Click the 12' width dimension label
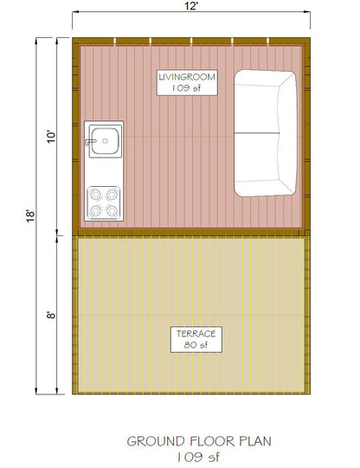click(190, 6)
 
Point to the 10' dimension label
click(51, 135)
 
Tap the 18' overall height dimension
click(29, 214)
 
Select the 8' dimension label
click(51, 317)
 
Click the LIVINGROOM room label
click(187, 77)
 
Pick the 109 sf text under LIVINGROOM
click(187, 88)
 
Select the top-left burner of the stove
click(95, 195)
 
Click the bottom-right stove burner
click(112, 210)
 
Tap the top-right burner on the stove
click(112, 195)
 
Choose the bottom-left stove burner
click(95, 210)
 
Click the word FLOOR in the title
click(204, 441)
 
